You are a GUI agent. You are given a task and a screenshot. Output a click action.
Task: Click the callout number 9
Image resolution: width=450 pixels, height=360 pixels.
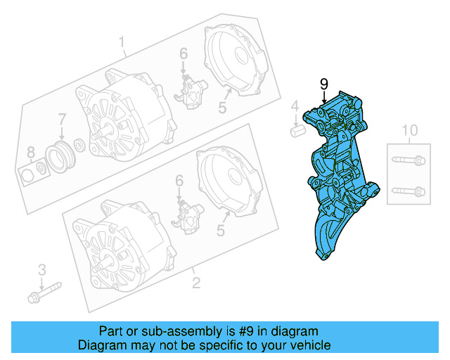pos(324,84)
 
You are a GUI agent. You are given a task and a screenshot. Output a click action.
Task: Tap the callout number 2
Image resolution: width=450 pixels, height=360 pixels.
pos(196,283)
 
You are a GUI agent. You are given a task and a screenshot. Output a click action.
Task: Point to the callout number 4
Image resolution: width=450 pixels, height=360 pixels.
pos(295,106)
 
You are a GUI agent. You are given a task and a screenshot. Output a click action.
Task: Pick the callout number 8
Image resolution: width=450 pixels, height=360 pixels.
pos(30,152)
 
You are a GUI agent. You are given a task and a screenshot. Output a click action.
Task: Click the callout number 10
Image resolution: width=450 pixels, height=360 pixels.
pos(409,129)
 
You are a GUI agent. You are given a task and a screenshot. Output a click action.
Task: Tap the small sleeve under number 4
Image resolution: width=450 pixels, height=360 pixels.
pos(296,130)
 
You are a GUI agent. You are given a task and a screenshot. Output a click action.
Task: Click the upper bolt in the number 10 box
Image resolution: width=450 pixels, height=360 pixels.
pos(408,160)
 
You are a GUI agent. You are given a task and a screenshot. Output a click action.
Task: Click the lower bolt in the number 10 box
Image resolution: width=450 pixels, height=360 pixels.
pos(408,190)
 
